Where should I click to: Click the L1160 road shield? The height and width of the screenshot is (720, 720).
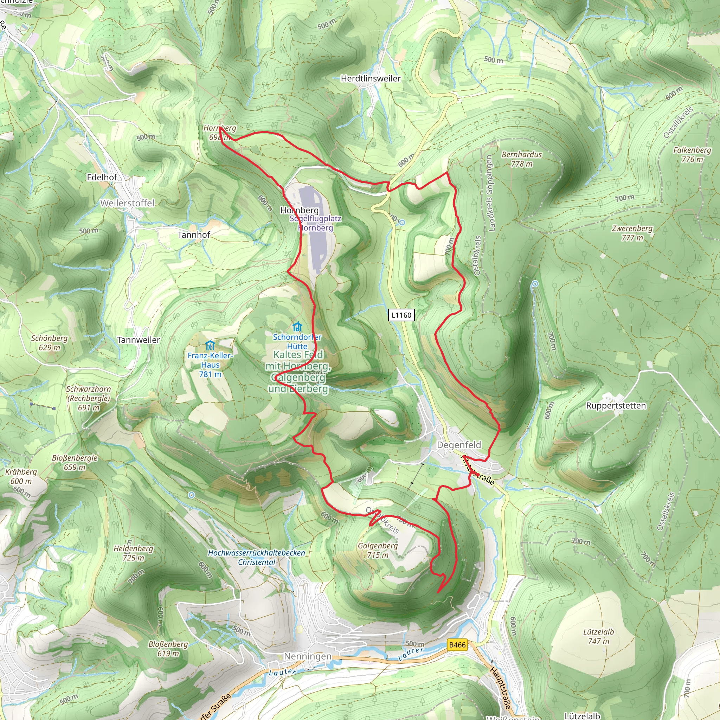click(x=401, y=315)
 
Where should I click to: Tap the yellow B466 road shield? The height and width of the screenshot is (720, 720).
click(x=457, y=645)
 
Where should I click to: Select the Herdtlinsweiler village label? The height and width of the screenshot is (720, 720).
click(x=371, y=78)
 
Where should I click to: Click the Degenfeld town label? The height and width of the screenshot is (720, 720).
click(x=459, y=445)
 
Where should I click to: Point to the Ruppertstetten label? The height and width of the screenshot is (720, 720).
click(x=616, y=405)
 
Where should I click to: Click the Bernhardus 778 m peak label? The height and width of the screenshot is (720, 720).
click(x=521, y=159)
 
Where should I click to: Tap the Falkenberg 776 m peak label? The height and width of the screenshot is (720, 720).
click(x=692, y=154)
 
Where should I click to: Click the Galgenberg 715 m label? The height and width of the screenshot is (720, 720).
click(x=378, y=550)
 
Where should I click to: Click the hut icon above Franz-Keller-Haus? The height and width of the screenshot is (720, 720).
click(x=210, y=345)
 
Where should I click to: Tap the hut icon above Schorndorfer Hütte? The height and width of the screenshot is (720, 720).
click(x=297, y=327)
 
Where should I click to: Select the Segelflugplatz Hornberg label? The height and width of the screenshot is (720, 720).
click(x=315, y=223)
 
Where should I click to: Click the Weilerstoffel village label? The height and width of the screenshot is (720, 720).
click(x=127, y=203)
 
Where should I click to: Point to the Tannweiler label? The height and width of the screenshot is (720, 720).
click(x=138, y=340)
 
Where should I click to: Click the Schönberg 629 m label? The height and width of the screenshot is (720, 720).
click(x=49, y=342)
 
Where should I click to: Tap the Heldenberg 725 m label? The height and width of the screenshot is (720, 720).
click(x=133, y=553)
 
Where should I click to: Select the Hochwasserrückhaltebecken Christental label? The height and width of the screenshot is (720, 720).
click(x=256, y=557)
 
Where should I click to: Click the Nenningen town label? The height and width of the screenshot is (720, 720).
click(x=308, y=656)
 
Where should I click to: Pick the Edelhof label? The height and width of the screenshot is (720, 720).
click(x=102, y=177)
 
